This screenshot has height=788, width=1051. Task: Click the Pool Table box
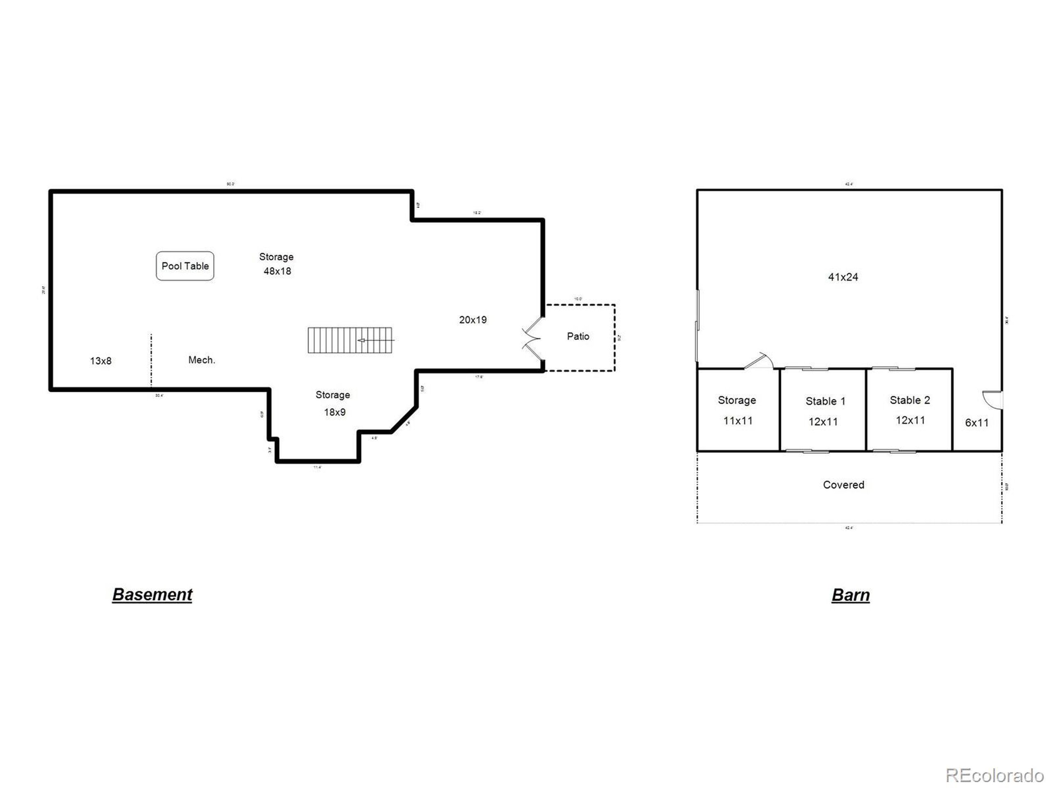coord(185,266)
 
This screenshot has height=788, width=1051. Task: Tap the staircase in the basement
coord(350,340)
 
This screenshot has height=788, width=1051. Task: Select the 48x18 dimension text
coord(278,271)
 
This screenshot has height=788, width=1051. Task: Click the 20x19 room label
coord(473,320)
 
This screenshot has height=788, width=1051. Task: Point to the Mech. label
coord(202,360)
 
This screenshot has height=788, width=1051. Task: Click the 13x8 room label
coord(101,361)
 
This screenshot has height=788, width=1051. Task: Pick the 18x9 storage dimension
coord(335,412)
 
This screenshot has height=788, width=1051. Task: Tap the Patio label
coord(578,336)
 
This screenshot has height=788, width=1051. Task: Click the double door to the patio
coord(532,338)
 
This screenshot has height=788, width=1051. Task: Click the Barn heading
coord(851,595)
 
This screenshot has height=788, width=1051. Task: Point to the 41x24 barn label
coord(843,277)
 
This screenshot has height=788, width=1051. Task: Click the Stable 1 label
coord(825,401)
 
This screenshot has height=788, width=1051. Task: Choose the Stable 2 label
coord(910,401)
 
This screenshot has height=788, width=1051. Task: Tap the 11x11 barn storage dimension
coord(737,421)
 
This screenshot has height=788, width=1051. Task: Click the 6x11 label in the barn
coord(977,423)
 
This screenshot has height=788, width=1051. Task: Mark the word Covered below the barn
coord(843,485)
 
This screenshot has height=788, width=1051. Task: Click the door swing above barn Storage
coord(759,361)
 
